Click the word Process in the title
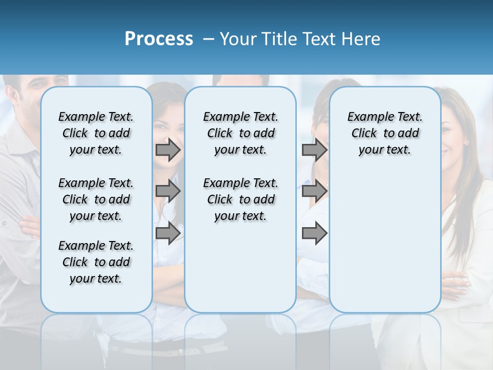point(159,39)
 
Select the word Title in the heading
point(278,39)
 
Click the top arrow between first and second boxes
point(168,150)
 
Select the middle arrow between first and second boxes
point(168,191)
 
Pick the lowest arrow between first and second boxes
point(168,233)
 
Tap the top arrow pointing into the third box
point(314,150)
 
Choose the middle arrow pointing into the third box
point(314,191)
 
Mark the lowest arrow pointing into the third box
point(314,233)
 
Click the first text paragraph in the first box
point(96,133)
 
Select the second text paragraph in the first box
point(96,199)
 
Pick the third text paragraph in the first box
point(96,262)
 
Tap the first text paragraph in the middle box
point(240,133)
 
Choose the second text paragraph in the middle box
point(240,199)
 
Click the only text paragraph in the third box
point(385,133)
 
